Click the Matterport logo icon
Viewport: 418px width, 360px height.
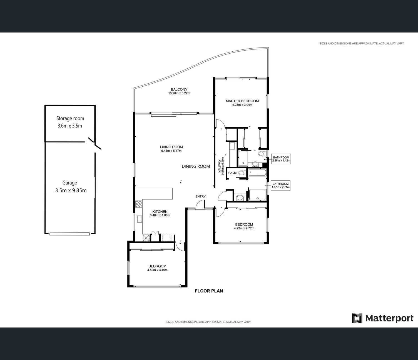click(357, 318)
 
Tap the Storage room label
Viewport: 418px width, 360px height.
click(70, 118)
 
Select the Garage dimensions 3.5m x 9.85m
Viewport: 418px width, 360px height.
click(71, 190)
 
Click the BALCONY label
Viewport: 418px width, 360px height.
click(179, 89)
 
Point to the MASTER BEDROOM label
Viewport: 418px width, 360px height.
click(242, 101)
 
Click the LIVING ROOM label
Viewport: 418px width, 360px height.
click(171, 147)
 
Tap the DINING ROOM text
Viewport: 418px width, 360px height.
click(196, 166)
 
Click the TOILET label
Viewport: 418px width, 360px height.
click(233, 172)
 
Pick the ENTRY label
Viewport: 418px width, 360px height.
click(200, 196)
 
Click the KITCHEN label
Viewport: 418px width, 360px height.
click(160, 212)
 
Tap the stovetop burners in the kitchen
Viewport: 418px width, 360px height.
click(139, 204)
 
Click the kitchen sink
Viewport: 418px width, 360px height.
click(139, 219)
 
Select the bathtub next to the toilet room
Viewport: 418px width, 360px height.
click(257, 172)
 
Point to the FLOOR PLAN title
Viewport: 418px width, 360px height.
click(209, 291)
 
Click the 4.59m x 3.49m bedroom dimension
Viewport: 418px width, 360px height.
click(157, 270)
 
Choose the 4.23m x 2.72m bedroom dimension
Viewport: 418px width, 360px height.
click(244, 228)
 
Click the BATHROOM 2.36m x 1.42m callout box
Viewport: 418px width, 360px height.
click(281, 159)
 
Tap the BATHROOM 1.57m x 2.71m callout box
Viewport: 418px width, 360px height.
click(280, 185)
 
